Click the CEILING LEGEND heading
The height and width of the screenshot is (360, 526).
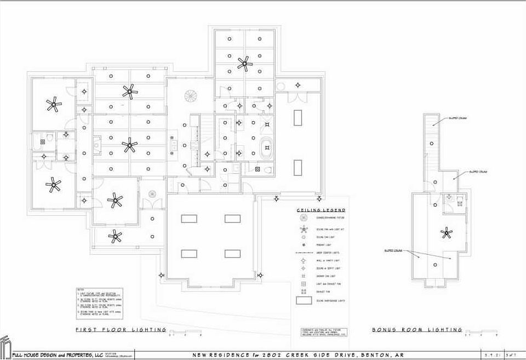(x=321, y=210)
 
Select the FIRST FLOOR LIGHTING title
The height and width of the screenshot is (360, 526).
(x=121, y=330)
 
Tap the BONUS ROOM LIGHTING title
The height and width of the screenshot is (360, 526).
(x=417, y=330)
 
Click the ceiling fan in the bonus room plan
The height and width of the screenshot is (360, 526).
(x=447, y=233)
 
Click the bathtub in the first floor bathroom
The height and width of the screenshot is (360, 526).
(x=267, y=149)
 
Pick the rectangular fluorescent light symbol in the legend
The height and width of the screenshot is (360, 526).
(x=302, y=301)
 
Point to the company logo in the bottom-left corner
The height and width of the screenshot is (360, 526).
(x=5, y=347)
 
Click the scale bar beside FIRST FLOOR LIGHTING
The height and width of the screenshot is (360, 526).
(x=186, y=332)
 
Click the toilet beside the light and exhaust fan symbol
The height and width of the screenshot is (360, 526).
(x=268, y=170)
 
